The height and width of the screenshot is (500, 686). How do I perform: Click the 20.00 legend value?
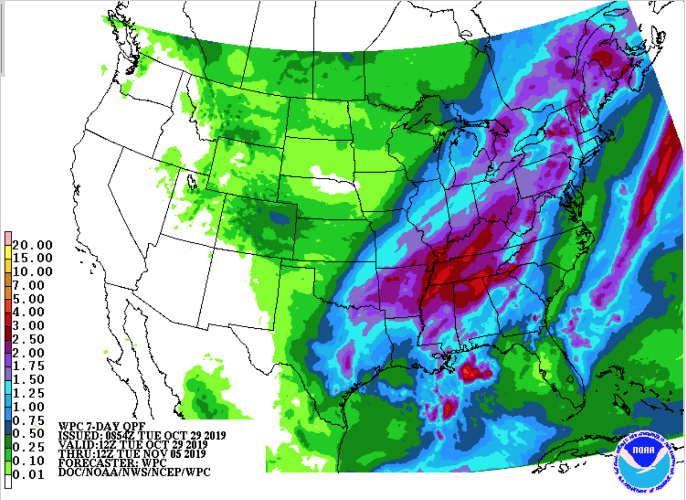point(32,245)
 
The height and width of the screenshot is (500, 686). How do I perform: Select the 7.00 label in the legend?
point(28,285)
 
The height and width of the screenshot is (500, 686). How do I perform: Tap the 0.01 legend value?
point(28,475)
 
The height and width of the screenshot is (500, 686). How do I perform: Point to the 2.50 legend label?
point(28,339)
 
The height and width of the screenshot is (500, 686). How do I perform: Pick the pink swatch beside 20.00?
point(8,238)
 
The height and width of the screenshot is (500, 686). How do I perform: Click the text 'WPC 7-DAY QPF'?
point(102,426)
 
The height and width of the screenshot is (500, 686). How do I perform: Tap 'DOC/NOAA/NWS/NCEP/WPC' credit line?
point(134,472)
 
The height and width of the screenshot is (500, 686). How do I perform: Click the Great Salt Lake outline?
point(192,182)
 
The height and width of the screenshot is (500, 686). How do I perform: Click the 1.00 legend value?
point(28,407)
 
